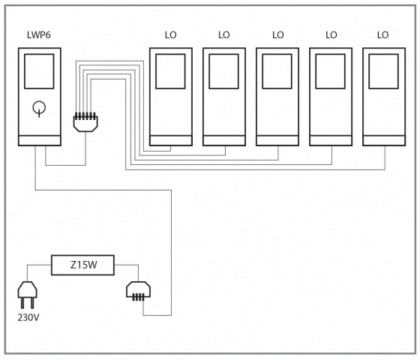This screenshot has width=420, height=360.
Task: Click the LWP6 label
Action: pyautogui.click(x=39, y=35)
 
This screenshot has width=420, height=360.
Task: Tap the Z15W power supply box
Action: pyautogui.click(x=82, y=265)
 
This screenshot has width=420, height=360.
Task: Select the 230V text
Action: pyautogui.click(x=28, y=318)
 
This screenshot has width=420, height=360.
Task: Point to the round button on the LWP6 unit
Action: pyautogui.click(x=39, y=108)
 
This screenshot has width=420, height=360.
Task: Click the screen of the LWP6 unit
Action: pyautogui.click(x=39, y=71)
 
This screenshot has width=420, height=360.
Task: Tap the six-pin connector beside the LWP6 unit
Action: pyautogui.click(x=85, y=122)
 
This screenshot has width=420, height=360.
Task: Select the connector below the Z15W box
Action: pyautogui.click(x=138, y=291)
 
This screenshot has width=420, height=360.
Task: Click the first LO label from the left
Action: pyautogui.click(x=171, y=35)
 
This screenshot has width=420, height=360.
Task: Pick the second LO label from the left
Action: pyautogui.click(x=224, y=35)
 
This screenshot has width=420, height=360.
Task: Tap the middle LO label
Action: pyautogui.click(x=277, y=35)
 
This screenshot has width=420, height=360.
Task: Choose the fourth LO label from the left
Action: pyautogui.click(x=331, y=35)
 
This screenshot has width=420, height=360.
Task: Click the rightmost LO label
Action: pyautogui.click(x=382, y=35)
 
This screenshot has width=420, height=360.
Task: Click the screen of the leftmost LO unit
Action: pyautogui.click(x=170, y=71)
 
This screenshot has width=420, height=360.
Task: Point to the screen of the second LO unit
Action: pyautogui.click(x=223, y=71)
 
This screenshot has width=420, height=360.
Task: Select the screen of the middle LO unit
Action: pyautogui.click(x=277, y=71)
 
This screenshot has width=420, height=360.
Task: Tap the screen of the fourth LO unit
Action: pyautogui.click(x=330, y=71)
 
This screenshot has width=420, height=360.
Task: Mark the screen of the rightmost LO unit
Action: pyautogui.click(x=383, y=71)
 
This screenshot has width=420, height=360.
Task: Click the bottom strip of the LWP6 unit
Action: pyautogui.click(x=40, y=141)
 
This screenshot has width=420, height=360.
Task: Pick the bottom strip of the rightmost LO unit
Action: pyautogui.click(x=384, y=141)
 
